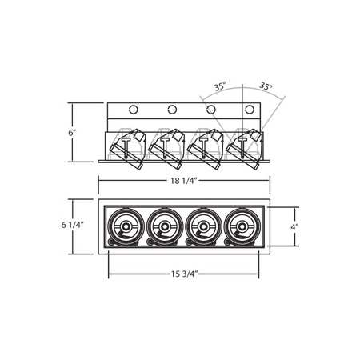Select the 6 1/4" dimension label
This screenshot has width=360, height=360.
click(73, 227)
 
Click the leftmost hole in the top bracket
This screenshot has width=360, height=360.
click(134, 109)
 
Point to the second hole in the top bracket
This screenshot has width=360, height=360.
click(171, 109)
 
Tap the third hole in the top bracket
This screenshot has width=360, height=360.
click(210, 109)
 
